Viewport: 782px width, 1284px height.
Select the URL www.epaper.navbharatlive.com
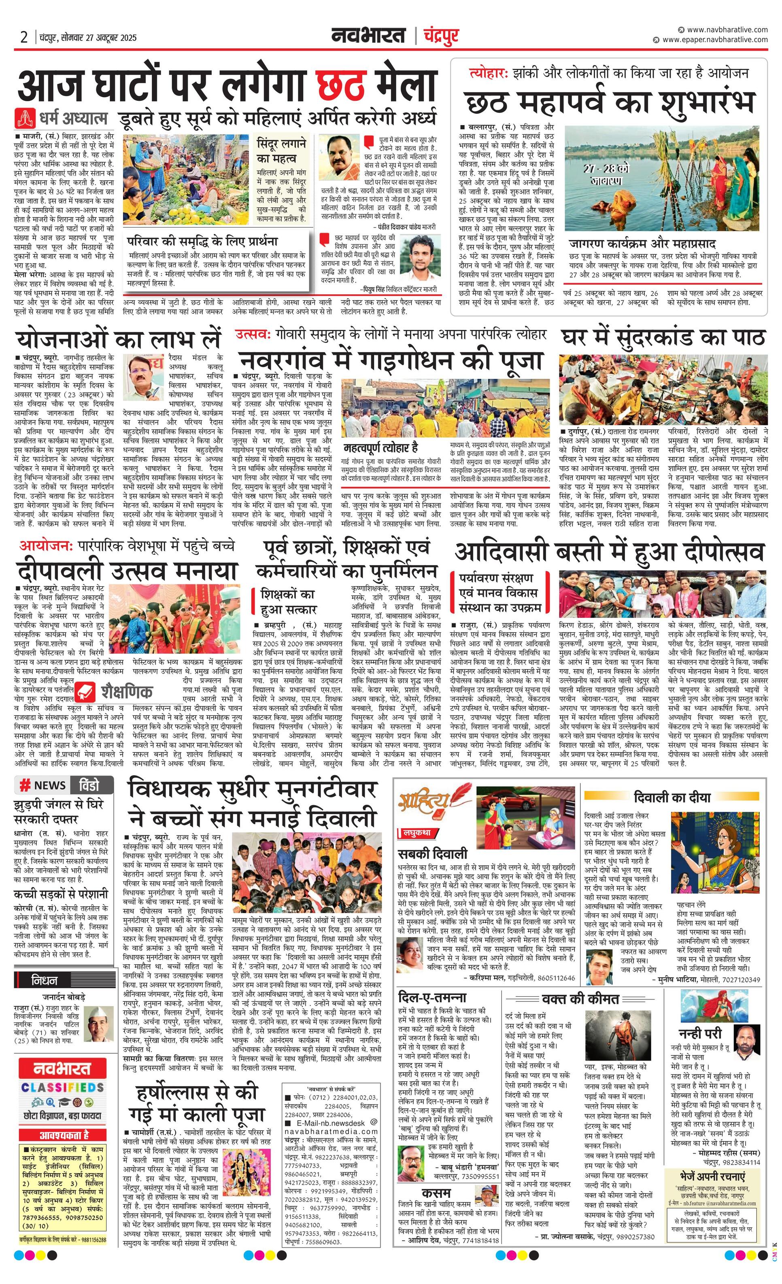tap(715, 40)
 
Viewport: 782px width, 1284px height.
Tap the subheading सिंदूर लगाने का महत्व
tap(281, 151)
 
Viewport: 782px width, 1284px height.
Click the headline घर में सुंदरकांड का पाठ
tap(663, 338)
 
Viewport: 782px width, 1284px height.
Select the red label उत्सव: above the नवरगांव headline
tap(254, 334)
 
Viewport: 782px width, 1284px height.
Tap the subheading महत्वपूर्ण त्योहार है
tap(381, 448)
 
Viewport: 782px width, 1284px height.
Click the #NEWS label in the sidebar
tap(43, 785)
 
